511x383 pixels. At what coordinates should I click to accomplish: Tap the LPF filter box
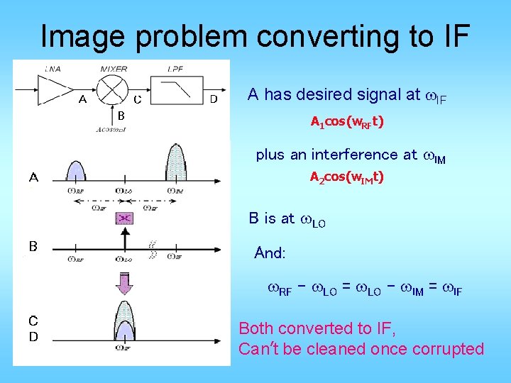[x=175, y=90]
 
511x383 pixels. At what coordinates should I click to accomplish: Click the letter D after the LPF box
[x=213, y=99]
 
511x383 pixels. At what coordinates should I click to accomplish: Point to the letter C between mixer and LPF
[x=138, y=99]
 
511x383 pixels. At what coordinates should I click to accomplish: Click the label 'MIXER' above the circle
[x=114, y=69]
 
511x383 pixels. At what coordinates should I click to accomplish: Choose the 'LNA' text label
[x=53, y=69]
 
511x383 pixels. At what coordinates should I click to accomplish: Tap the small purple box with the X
[x=124, y=218]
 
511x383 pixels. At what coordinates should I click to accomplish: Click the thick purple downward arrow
[x=124, y=284]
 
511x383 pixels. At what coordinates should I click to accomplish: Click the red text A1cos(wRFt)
[x=347, y=122]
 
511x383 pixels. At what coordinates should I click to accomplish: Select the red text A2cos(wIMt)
[x=347, y=177]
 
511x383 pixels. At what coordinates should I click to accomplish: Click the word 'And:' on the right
[x=270, y=253]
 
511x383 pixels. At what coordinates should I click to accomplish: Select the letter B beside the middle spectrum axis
[x=33, y=246]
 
